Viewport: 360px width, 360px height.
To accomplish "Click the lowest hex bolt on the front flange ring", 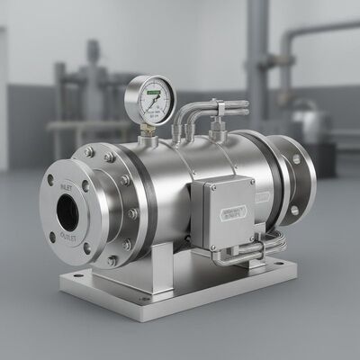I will click(112, 261).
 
